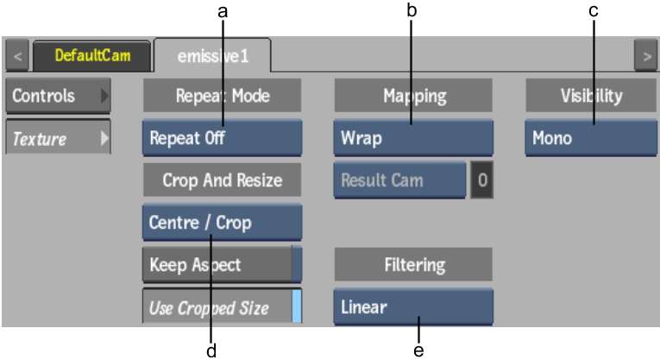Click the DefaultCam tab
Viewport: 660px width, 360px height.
pyautogui.click(x=91, y=55)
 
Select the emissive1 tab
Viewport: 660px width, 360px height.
pyautogui.click(x=212, y=55)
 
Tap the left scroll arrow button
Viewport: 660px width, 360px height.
pyautogui.click(x=17, y=55)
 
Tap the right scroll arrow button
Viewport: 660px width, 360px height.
pyautogui.click(x=646, y=55)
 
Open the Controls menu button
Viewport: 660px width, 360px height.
pyautogui.click(x=58, y=96)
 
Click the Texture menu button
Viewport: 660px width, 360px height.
pyautogui.click(x=58, y=137)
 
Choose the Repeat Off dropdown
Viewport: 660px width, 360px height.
pyautogui.click(x=223, y=138)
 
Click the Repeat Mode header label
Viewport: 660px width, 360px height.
pyautogui.click(x=223, y=96)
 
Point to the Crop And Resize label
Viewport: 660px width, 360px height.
pyautogui.click(x=223, y=180)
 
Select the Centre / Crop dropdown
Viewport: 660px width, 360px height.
pyautogui.click(x=223, y=223)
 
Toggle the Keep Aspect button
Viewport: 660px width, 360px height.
pyautogui.click(x=223, y=264)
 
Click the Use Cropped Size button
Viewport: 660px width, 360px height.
pyautogui.click(x=223, y=306)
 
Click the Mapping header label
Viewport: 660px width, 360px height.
pyautogui.click(x=413, y=96)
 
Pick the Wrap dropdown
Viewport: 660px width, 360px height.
pyautogui.click(x=413, y=138)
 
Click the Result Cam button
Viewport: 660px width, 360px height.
pyautogui.click(x=399, y=180)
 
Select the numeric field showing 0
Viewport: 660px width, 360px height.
pyautogui.click(x=482, y=180)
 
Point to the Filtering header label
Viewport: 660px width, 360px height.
pyautogui.click(x=413, y=265)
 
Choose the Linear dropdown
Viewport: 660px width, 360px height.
pyautogui.click(x=413, y=307)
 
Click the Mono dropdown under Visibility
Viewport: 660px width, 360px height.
pyautogui.click(x=591, y=138)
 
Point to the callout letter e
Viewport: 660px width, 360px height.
pyautogui.click(x=418, y=351)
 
